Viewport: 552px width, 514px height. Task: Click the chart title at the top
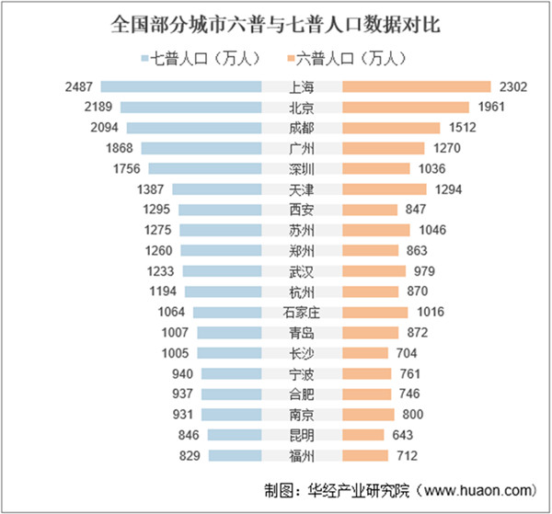coord(275,25)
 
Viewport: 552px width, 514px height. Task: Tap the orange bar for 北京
coord(405,108)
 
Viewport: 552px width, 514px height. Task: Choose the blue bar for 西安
coord(220,210)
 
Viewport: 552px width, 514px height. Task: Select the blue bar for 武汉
coord(222,270)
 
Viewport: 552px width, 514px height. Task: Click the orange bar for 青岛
coord(370,332)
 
